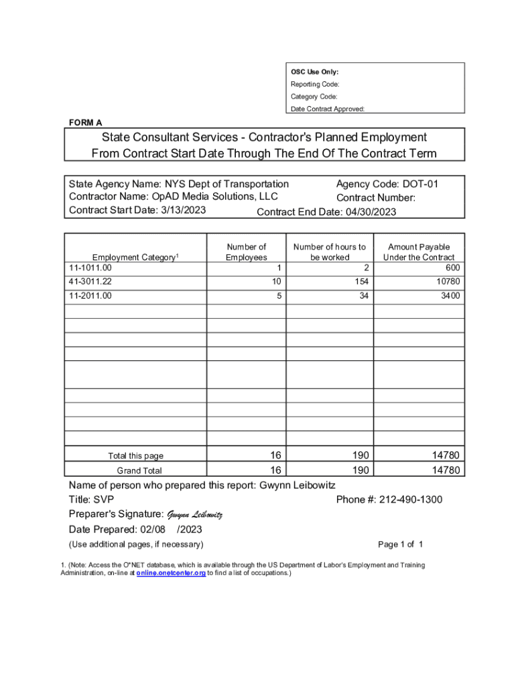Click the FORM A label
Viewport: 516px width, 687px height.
(x=86, y=123)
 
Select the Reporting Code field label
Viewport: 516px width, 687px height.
(x=314, y=85)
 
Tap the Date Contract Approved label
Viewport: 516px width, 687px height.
(x=327, y=109)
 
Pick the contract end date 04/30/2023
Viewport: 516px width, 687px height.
(x=371, y=212)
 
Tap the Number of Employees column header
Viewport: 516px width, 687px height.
(x=246, y=252)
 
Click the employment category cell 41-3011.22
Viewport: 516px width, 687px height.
(x=90, y=281)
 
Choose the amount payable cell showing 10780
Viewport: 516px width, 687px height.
(x=448, y=281)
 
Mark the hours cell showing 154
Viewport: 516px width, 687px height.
(x=363, y=281)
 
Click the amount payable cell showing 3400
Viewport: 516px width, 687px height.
(x=449, y=295)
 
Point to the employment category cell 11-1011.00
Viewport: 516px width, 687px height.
(x=90, y=268)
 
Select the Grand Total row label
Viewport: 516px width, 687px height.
(x=139, y=470)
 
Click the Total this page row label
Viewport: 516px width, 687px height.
(x=135, y=456)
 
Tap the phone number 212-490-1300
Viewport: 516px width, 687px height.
(x=410, y=500)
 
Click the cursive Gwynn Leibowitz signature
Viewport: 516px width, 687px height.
(x=194, y=515)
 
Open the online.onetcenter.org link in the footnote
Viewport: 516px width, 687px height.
(x=171, y=574)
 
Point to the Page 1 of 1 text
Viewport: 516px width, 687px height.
(x=401, y=544)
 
